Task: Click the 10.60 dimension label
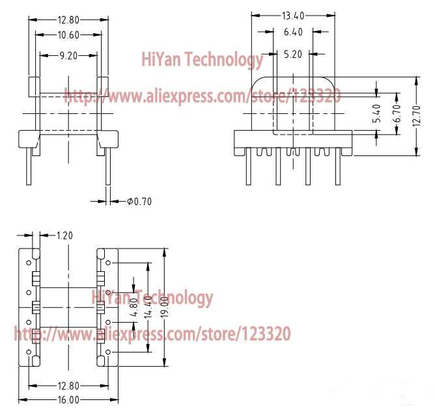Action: click(68, 35)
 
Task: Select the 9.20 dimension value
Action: click(68, 56)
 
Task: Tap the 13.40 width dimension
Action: click(293, 16)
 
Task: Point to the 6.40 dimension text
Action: click(293, 32)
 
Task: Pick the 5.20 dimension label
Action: click(293, 54)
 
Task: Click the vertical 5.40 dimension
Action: click(377, 113)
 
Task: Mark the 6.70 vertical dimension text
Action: click(397, 113)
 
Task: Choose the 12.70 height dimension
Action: click(416, 116)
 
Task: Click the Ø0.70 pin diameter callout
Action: click(139, 202)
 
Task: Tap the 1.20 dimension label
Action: click(64, 235)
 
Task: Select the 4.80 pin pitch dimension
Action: click(133, 307)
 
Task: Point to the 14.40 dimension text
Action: click(148, 307)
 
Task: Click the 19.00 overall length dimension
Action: click(165, 307)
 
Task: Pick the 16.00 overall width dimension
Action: click(68, 400)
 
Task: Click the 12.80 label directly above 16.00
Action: click(68, 386)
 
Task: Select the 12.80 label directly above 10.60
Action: click(68, 20)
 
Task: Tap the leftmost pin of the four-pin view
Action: click(249, 167)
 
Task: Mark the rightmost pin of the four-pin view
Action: click(338, 167)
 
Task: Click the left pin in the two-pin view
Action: click(29, 167)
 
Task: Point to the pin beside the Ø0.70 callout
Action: click(108, 167)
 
